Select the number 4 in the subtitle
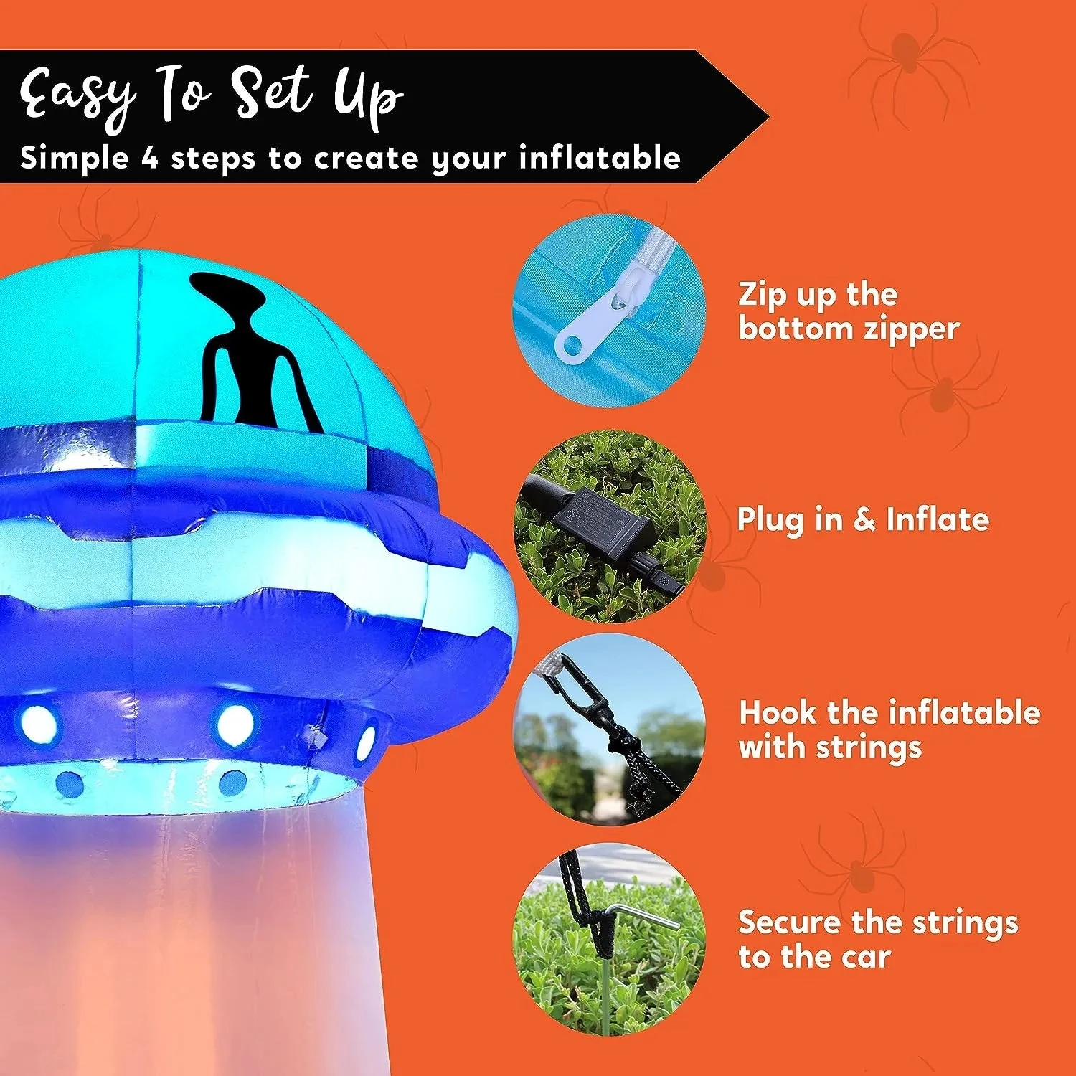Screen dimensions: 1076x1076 click(149, 157)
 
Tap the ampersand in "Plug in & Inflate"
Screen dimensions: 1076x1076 click(864, 519)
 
